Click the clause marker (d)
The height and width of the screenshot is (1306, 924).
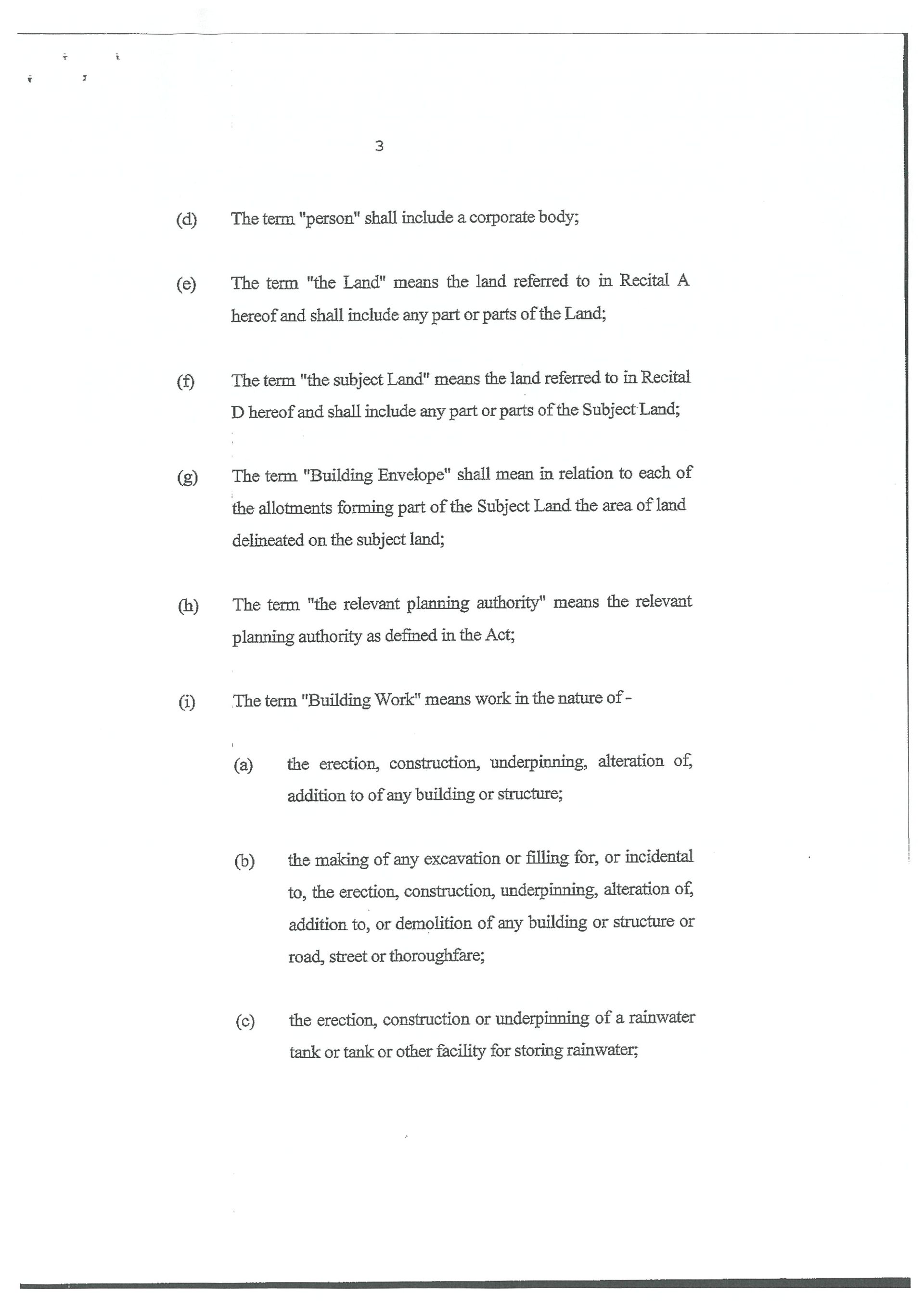pyautogui.click(x=187, y=219)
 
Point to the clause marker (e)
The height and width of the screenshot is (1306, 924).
pyautogui.click(x=186, y=284)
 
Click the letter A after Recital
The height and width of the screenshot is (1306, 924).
pyautogui.click(x=683, y=280)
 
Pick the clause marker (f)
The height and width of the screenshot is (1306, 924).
pyautogui.click(x=185, y=381)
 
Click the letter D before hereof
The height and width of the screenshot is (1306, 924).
pyautogui.click(x=237, y=412)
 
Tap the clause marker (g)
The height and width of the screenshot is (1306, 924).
pyautogui.click(x=187, y=477)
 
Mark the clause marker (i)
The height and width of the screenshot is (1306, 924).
pyautogui.click(x=187, y=702)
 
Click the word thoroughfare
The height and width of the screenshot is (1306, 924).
pyautogui.click(x=436, y=956)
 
